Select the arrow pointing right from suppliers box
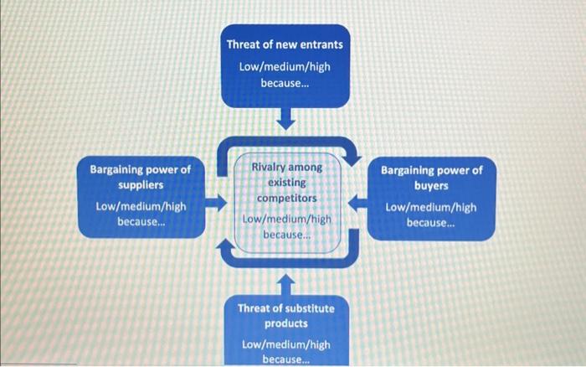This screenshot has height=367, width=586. click(216, 202)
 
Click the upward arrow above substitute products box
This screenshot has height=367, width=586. click(286, 280)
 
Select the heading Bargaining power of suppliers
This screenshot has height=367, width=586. click(141, 176)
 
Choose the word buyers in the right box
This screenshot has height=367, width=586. click(432, 186)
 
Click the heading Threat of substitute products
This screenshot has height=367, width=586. click(286, 315)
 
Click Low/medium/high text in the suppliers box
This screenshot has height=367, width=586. click(141, 206)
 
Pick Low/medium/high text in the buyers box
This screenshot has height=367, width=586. click(431, 207)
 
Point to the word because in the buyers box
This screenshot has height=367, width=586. click(431, 223)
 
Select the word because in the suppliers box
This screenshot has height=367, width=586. click(141, 222)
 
